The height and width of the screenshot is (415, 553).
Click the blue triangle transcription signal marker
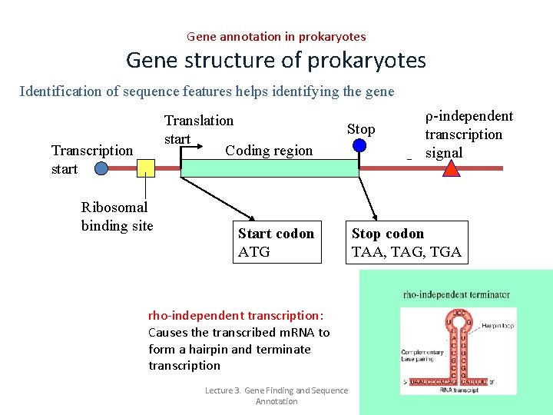(x=451, y=169)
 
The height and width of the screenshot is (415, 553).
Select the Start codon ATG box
(x=276, y=242)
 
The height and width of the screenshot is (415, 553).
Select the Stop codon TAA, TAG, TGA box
(x=407, y=242)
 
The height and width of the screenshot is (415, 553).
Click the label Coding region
(x=269, y=151)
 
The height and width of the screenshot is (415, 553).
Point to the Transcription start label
(x=91, y=159)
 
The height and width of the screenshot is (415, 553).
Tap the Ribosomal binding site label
(x=117, y=216)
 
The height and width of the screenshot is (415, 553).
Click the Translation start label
(x=198, y=129)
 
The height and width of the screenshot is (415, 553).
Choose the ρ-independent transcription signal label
(x=469, y=134)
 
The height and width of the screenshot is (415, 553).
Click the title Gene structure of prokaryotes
(x=276, y=60)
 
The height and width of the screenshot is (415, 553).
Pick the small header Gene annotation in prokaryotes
(x=276, y=36)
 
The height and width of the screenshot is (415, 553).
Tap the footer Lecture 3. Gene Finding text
(x=276, y=396)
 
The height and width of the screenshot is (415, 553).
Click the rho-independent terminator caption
(x=456, y=294)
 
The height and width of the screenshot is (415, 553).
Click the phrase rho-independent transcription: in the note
(x=236, y=315)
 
